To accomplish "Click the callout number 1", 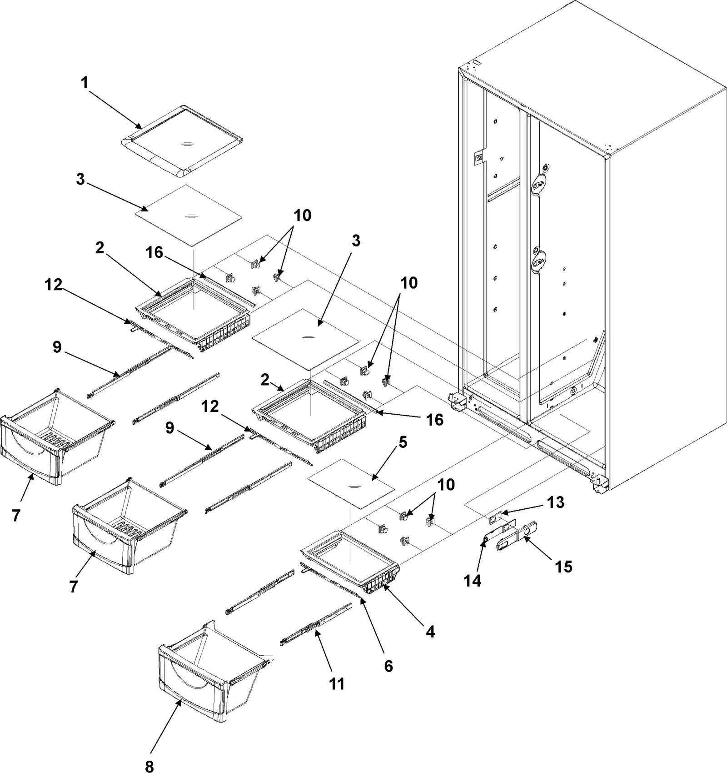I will pos(85,83).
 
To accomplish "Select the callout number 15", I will pos(564,567).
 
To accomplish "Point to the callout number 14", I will pos(473,581).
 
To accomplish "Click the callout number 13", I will pos(556,502).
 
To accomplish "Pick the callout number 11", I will pos(337,684).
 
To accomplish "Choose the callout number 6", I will pos(388,666).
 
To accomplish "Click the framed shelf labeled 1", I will pos(182,141).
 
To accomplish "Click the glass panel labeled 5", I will pos(350,484).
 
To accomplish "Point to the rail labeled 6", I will pos(332,582).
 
